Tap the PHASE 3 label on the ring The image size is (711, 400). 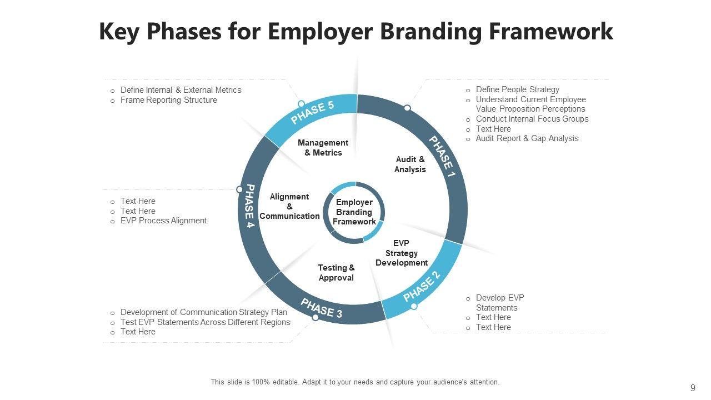322,308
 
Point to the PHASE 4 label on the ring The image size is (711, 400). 249,209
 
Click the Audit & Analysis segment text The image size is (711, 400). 410,164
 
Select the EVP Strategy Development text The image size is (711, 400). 401,253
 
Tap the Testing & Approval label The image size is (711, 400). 336,273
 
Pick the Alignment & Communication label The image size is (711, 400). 289,206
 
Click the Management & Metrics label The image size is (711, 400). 323,148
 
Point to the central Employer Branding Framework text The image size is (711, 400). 354,212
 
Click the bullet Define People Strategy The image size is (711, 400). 517,89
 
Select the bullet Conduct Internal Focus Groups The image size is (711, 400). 532,119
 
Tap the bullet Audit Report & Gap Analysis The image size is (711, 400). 527,138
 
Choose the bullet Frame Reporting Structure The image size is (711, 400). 168,100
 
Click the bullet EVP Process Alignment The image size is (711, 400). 163,221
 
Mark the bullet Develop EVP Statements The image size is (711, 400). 499,303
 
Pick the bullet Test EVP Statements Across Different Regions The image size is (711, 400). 205,322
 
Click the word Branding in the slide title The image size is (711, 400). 430,32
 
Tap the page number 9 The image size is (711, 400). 693,388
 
